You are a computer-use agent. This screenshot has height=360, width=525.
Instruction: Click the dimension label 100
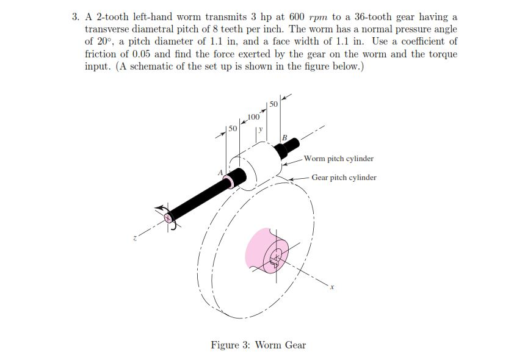pyautogui.click(x=255, y=116)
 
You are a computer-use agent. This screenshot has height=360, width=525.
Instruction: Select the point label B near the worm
pyautogui.click(x=284, y=139)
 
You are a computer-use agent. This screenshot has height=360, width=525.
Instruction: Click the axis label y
pyautogui.click(x=260, y=129)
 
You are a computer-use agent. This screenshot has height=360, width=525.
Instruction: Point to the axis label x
pyautogui.click(x=332, y=288)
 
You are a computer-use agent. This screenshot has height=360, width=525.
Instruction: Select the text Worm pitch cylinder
pyautogui.click(x=338, y=159)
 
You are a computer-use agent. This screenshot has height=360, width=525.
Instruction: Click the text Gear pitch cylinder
pyautogui.click(x=344, y=178)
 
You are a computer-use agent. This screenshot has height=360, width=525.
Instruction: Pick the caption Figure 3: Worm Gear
pyautogui.click(x=258, y=345)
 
